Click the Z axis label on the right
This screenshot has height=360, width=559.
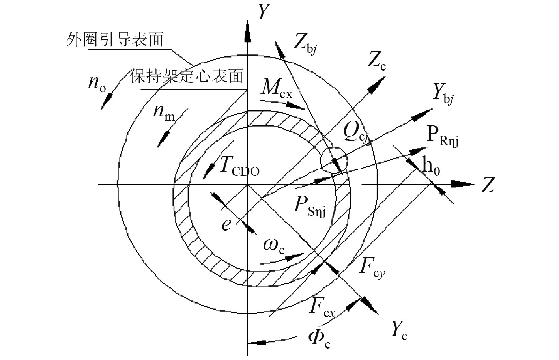point(488,185)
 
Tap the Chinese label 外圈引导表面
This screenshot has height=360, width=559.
point(115,40)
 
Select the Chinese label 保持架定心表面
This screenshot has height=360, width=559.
point(187,76)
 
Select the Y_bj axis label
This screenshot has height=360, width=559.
point(443,93)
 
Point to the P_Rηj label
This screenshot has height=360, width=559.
point(443,136)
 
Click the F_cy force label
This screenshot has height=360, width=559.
point(372,268)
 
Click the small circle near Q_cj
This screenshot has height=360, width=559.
point(334,160)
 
